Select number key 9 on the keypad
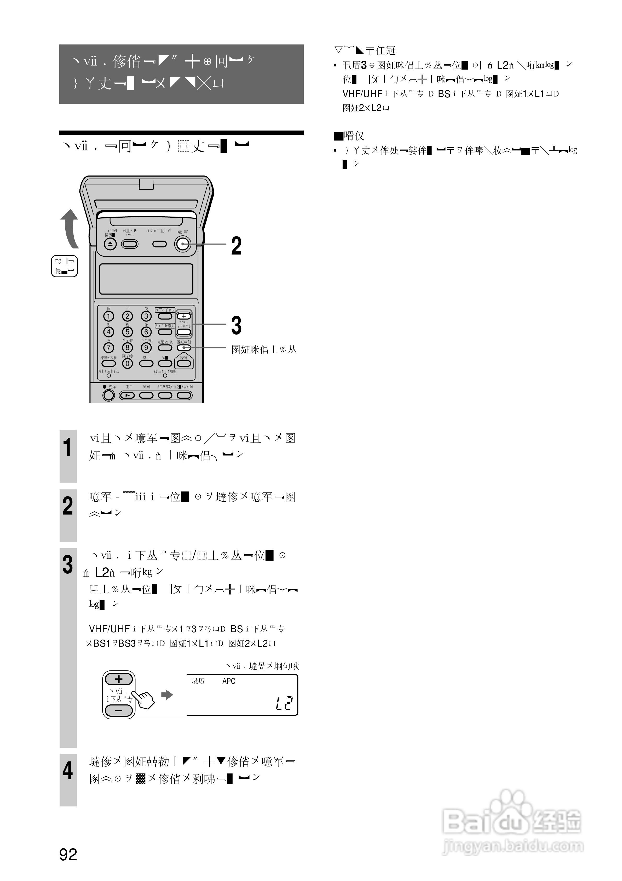point(146,348)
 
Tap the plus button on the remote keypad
point(184,316)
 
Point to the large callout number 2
point(236,246)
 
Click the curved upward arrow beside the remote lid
point(70,228)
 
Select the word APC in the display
point(229,681)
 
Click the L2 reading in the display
point(284,703)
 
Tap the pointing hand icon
point(145,699)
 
